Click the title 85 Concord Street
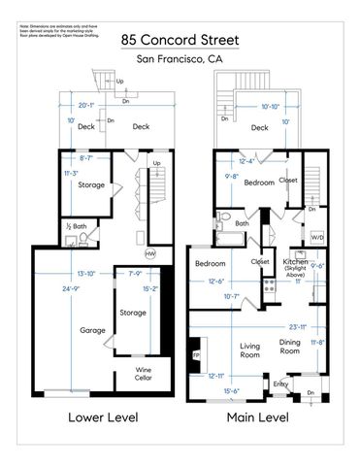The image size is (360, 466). click(x=180, y=41)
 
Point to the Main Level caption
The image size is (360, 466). click(x=258, y=418)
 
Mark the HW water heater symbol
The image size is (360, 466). click(x=150, y=253)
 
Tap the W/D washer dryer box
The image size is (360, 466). click(x=317, y=236)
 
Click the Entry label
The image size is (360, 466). click(x=280, y=384)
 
